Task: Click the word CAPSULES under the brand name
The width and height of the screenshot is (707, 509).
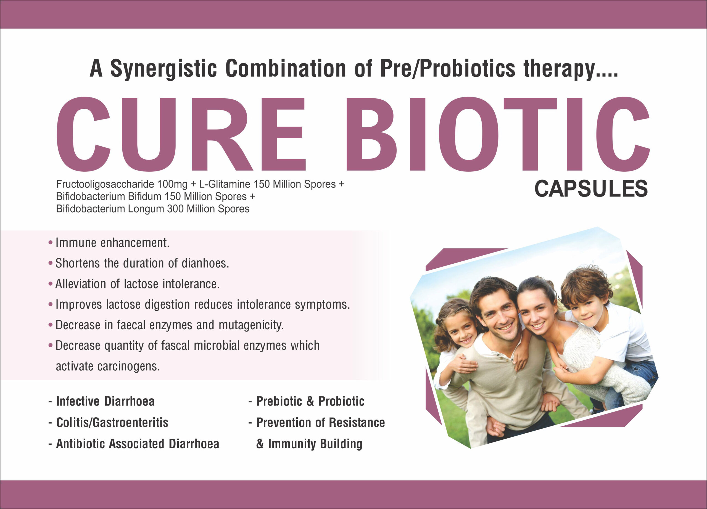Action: point(591,189)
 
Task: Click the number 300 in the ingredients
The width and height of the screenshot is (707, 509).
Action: point(175,209)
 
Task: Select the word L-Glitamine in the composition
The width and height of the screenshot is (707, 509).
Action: point(225,184)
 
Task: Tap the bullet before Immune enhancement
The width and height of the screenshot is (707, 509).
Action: point(51,243)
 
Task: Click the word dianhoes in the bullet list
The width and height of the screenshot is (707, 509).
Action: point(205,263)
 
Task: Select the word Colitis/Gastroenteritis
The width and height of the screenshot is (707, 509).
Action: point(112,423)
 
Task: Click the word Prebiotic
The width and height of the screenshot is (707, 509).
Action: point(279,401)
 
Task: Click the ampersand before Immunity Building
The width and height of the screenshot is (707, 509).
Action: point(260,444)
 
